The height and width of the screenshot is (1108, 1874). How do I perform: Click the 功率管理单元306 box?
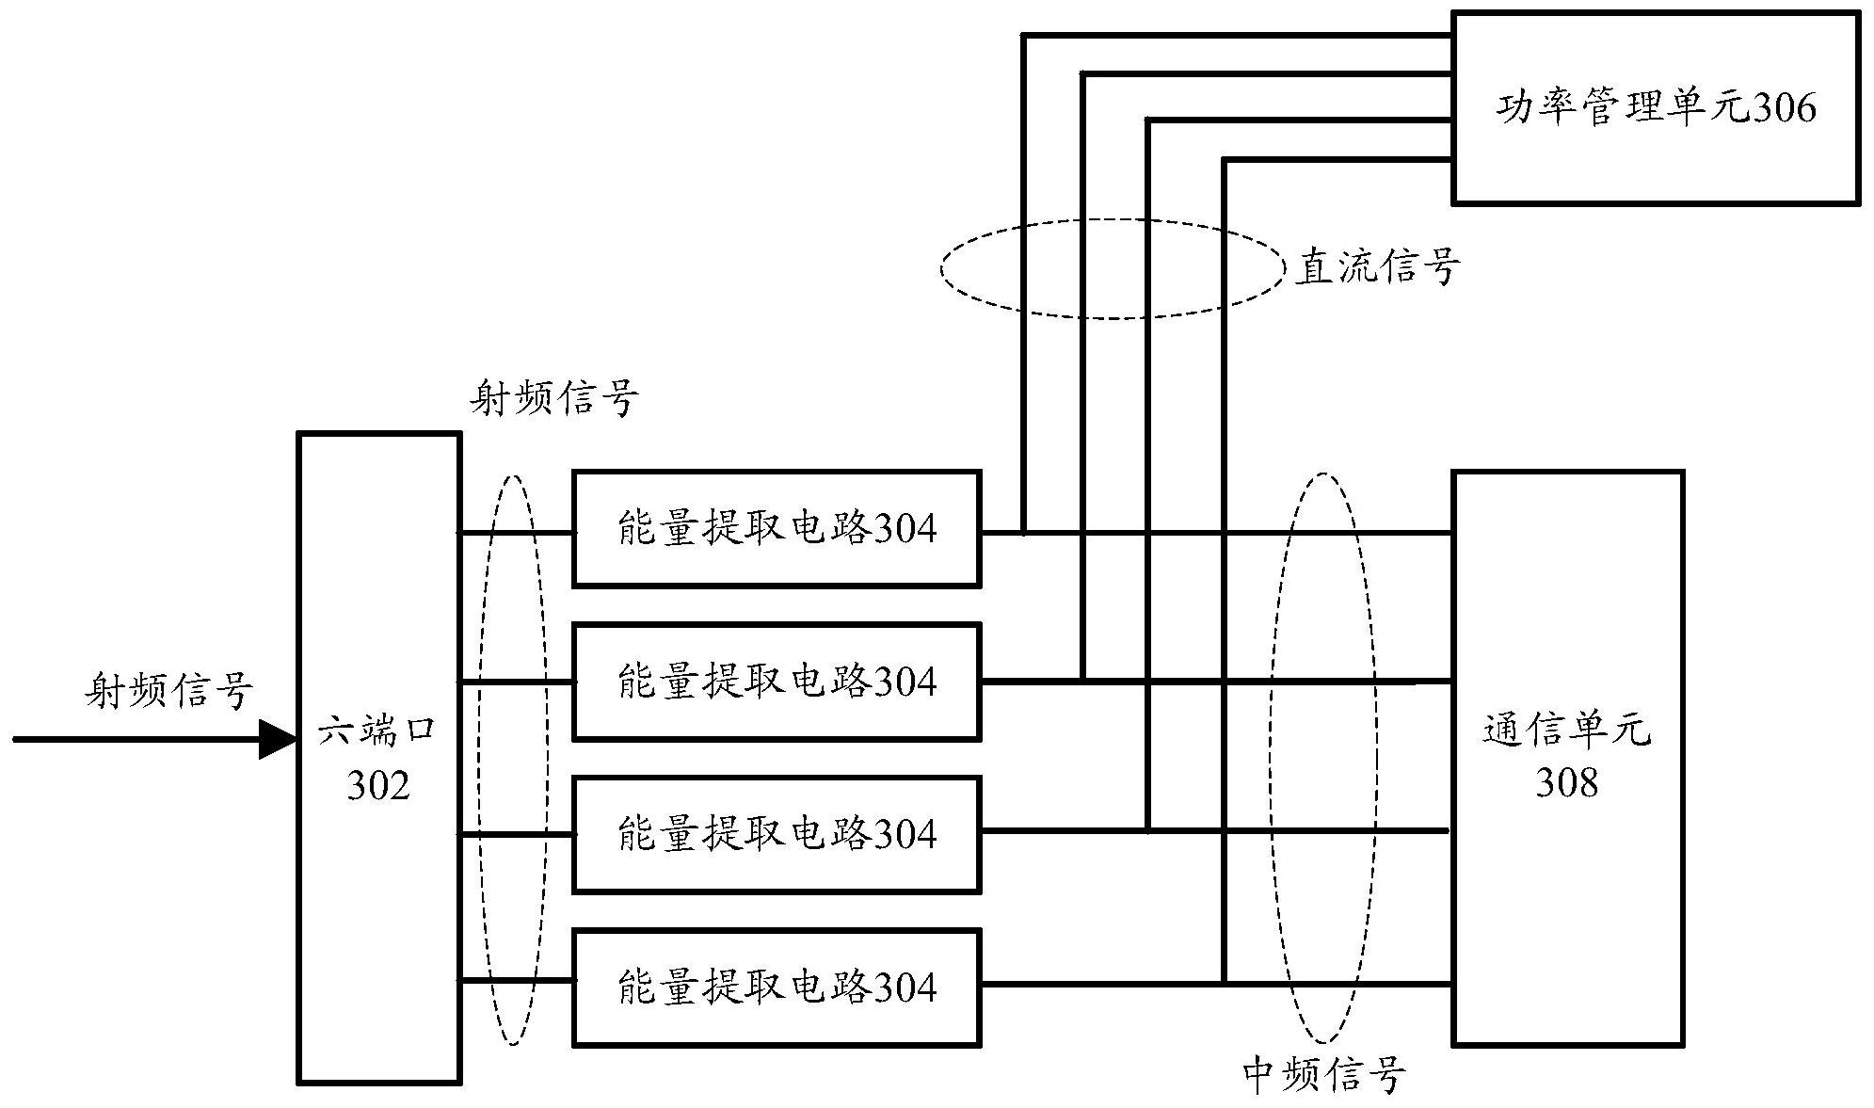pos(1655,107)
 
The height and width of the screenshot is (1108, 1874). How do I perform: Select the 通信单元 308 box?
pos(1567,758)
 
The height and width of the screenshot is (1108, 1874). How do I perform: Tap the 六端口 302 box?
pos(379,758)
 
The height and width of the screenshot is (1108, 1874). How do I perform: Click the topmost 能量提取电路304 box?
pos(777,529)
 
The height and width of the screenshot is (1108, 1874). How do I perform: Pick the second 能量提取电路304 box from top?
pos(777,682)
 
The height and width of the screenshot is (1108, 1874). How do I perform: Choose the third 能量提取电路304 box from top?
pos(777,834)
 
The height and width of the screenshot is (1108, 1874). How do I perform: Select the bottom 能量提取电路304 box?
pos(777,987)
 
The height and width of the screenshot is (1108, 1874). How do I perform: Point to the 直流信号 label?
pos(1377,267)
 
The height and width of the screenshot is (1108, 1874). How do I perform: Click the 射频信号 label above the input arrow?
pos(169,691)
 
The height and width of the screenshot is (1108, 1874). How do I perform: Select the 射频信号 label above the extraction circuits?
pos(554,399)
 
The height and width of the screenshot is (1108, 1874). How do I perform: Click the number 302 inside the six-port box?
pos(378,784)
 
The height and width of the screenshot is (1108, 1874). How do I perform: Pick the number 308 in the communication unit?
pos(1566,782)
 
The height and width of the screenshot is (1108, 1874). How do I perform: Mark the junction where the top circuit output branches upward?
pos(1024,533)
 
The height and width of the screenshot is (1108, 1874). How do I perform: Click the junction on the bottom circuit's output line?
pos(1224,984)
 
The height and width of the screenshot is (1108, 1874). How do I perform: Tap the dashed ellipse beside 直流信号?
pos(943,267)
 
